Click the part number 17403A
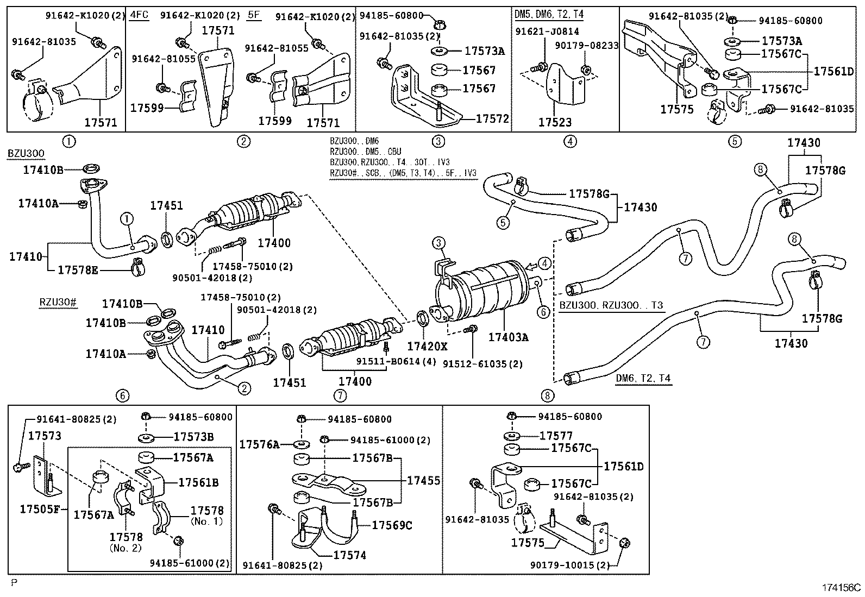tap(507, 337)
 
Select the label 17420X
tap(427, 346)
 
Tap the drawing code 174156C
tap(841, 587)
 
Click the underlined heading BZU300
tap(26, 154)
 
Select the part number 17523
tap(555, 123)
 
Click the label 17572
tap(492, 118)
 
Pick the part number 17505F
tap(39, 509)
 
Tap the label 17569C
tap(392, 525)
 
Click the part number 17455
tap(424, 481)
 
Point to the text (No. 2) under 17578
tap(126, 548)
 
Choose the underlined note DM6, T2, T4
tap(643, 378)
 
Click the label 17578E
tap(78, 269)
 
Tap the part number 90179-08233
tap(587, 46)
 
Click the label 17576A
tap(259, 444)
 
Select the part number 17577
tap(556, 436)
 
